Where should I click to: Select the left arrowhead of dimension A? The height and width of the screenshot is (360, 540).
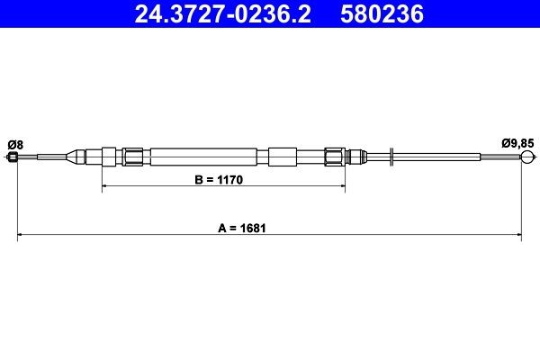tap(22, 237)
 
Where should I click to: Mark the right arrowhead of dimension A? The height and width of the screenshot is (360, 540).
tap(518, 237)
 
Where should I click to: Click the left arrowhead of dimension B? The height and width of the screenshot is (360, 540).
tap(106, 187)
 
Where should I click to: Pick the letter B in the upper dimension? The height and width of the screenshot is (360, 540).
tap(200, 180)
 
